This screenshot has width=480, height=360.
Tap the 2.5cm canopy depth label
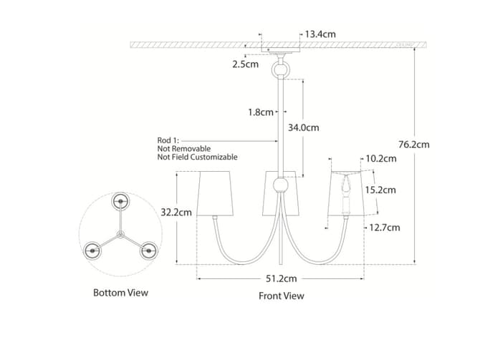[245, 64]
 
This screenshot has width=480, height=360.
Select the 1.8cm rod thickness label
[261, 112]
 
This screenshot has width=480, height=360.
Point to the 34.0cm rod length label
[303, 127]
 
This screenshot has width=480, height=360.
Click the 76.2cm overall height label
[414, 145]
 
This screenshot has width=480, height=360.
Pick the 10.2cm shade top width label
[381, 158]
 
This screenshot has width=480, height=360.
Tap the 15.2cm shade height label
[380, 190]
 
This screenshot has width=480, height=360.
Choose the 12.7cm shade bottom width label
[385, 228]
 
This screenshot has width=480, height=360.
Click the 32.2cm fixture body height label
[176, 213]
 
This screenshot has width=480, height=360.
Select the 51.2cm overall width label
[281, 278]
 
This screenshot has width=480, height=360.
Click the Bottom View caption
[120, 293]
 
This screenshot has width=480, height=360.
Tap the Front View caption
[282, 296]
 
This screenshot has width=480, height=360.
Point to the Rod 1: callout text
[168, 140]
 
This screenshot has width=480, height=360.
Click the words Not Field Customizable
[198, 157]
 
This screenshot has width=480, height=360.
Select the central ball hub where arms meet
[280, 185]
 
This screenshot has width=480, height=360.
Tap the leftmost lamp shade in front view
[215, 193]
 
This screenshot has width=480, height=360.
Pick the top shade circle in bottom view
[120, 201]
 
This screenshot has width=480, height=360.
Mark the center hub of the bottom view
[120, 235]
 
